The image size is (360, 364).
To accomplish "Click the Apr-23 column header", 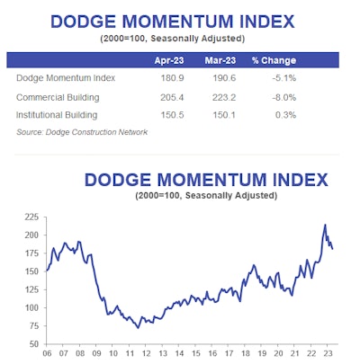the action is coord(169,60).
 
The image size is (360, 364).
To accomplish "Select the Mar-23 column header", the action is coord(220,60).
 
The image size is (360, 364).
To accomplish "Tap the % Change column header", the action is coord(274,60).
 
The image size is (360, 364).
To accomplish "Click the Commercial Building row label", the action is coord(58,97).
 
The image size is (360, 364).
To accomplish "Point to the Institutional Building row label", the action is coord(57,115).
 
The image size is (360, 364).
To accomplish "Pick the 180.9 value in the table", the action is coord(172,78).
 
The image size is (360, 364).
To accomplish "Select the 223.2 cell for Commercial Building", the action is coord(224,97).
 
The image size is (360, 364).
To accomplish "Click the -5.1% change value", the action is coord(284,78).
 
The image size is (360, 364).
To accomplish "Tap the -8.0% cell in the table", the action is coord(284,97).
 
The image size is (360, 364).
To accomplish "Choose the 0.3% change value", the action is coord(285,115).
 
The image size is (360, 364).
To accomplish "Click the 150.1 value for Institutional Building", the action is coord(224,115).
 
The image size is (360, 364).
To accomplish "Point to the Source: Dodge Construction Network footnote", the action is coord(82,132).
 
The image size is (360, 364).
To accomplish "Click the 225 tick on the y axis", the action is coord(31,217).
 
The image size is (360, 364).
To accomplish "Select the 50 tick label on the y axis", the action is coord(34,344).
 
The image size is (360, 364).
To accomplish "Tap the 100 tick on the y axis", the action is coord(31,307).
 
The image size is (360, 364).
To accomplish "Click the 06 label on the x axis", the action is coord(47,353).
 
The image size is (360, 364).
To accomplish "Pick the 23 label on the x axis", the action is coord(328,353).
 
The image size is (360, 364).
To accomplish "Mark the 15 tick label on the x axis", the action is coord(196,353).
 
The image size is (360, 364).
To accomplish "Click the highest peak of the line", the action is coord(325,225).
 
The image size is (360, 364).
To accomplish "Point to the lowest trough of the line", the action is coord(139,328).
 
